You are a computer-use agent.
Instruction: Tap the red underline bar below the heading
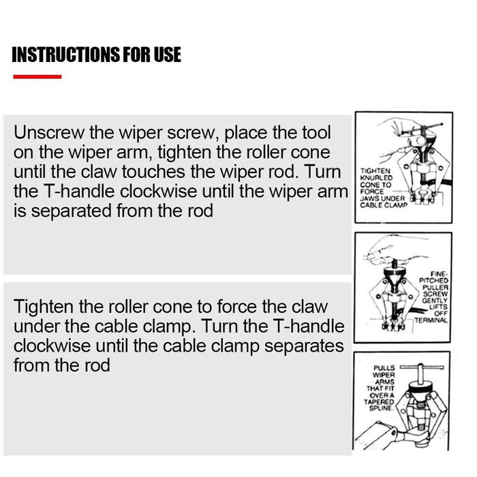tap(37, 76)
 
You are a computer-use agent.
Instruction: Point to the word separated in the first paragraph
tap(72, 211)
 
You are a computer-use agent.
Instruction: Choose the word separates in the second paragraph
tap(304, 346)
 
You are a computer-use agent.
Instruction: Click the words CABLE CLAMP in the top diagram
tap(384, 205)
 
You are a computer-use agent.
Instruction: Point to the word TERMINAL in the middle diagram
tap(431, 320)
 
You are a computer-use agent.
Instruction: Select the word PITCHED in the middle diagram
tap(434, 280)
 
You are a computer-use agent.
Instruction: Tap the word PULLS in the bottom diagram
tap(384, 368)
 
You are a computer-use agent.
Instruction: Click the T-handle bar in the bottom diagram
tap(422, 367)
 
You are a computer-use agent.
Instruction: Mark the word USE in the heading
tap(168, 55)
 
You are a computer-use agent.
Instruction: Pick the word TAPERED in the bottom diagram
tap(379, 401)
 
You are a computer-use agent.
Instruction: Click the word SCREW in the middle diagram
tap(435, 294)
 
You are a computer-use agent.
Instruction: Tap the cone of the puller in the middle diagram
tap(395, 278)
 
